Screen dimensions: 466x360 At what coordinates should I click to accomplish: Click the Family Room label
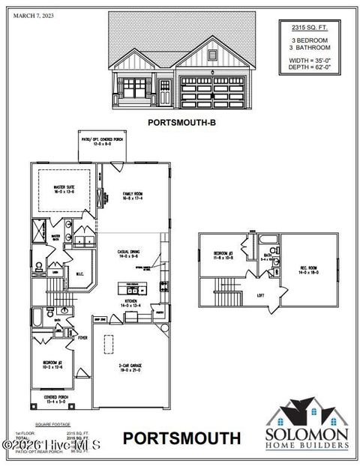[x=133, y=196]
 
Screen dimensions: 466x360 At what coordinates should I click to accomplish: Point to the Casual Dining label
[x=132, y=254]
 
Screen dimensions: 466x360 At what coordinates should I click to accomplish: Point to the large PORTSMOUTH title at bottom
[x=181, y=437]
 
